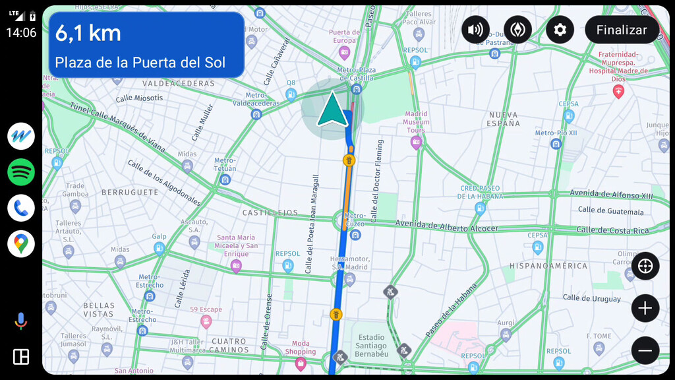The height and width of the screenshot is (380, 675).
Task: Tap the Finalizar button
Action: pyautogui.click(x=622, y=30)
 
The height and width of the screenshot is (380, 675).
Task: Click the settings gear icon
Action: pyautogui.click(x=560, y=30)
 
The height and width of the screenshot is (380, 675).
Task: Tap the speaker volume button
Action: pyautogui.click(x=475, y=30)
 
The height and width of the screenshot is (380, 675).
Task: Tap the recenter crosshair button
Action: pyautogui.click(x=645, y=266)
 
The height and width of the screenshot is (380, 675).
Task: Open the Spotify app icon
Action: pyautogui.click(x=21, y=172)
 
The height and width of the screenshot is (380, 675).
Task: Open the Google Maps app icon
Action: pyautogui.click(x=21, y=243)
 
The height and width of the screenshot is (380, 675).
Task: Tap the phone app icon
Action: pyautogui.click(x=21, y=208)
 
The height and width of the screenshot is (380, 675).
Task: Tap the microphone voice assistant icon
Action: pyautogui.click(x=21, y=321)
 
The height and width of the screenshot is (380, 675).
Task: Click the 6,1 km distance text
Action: pyautogui.click(x=88, y=33)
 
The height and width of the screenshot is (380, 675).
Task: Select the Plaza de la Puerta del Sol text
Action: pyautogui.click(x=140, y=63)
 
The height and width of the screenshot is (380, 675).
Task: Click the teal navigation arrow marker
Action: pyautogui.click(x=332, y=110)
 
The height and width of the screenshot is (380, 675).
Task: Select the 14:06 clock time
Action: pyautogui.click(x=21, y=32)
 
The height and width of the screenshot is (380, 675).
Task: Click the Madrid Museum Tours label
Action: pyautogui.click(x=416, y=122)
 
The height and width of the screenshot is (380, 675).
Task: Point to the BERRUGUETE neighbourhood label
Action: pyautogui.click(x=130, y=193)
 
